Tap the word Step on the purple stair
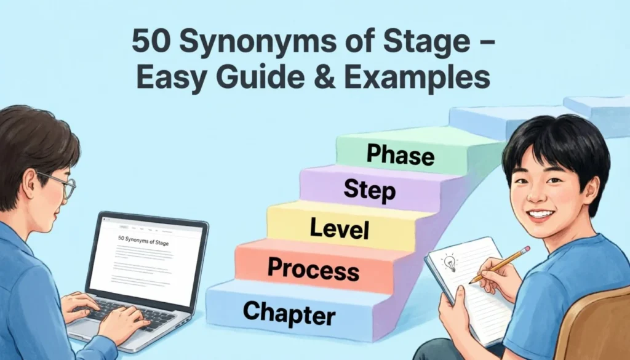(x=369, y=190)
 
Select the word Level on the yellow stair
(x=340, y=229)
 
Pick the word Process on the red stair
(x=314, y=270)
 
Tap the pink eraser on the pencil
(x=526, y=250)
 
